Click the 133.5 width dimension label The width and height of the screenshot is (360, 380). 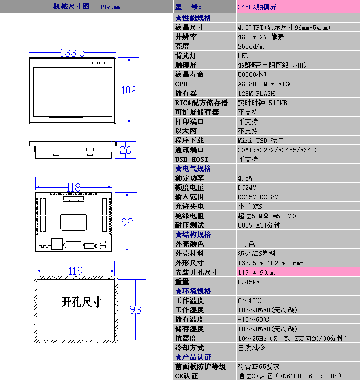click(x=72, y=52)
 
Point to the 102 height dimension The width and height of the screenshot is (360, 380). click(x=129, y=91)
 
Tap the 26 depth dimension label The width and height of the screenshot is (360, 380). click(x=125, y=150)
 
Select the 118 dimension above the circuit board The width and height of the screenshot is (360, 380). click(x=73, y=187)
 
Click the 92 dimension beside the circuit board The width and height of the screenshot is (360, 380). click(x=127, y=222)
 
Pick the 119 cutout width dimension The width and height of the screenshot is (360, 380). click(x=75, y=271)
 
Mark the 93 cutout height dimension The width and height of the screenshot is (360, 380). click(x=135, y=309)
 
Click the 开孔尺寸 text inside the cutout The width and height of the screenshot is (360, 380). click(x=81, y=302)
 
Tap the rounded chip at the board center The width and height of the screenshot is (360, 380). click(x=73, y=222)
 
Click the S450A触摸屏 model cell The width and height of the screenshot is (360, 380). click(x=257, y=7)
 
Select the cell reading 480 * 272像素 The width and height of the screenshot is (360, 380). click(x=261, y=37)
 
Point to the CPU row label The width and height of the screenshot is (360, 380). click(x=181, y=84)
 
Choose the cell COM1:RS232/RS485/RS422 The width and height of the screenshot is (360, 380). click(x=278, y=150)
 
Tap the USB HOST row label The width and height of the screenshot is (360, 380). click(x=191, y=160)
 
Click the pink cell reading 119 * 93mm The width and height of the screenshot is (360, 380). click(x=256, y=273)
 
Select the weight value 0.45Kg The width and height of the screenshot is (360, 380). click(x=249, y=282)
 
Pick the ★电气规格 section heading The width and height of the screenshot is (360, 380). click(x=193, y=169)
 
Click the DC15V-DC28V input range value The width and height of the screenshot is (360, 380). click(x=258, y=197)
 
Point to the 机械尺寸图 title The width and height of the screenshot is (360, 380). click(x=71, y=7)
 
